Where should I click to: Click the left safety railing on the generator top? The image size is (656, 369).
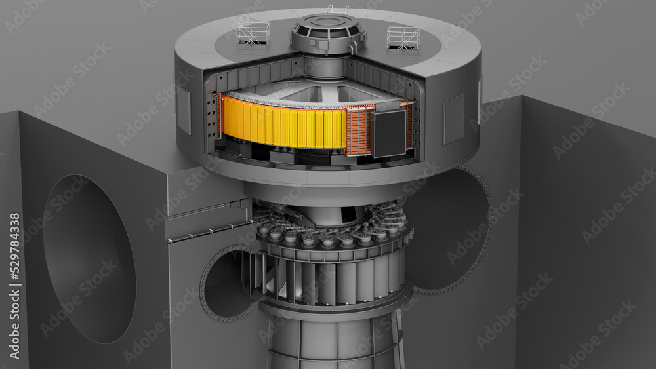253,32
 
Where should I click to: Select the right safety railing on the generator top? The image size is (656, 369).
403,37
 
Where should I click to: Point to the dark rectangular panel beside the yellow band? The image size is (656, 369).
389,133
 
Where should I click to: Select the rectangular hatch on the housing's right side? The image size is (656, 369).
453,119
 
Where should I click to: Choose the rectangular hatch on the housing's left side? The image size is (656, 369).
183,109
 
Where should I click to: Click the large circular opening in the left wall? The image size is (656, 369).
89,258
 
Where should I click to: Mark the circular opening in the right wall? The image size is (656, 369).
453,229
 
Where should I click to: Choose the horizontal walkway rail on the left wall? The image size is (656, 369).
203,229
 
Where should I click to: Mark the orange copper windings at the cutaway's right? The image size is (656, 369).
359,131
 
